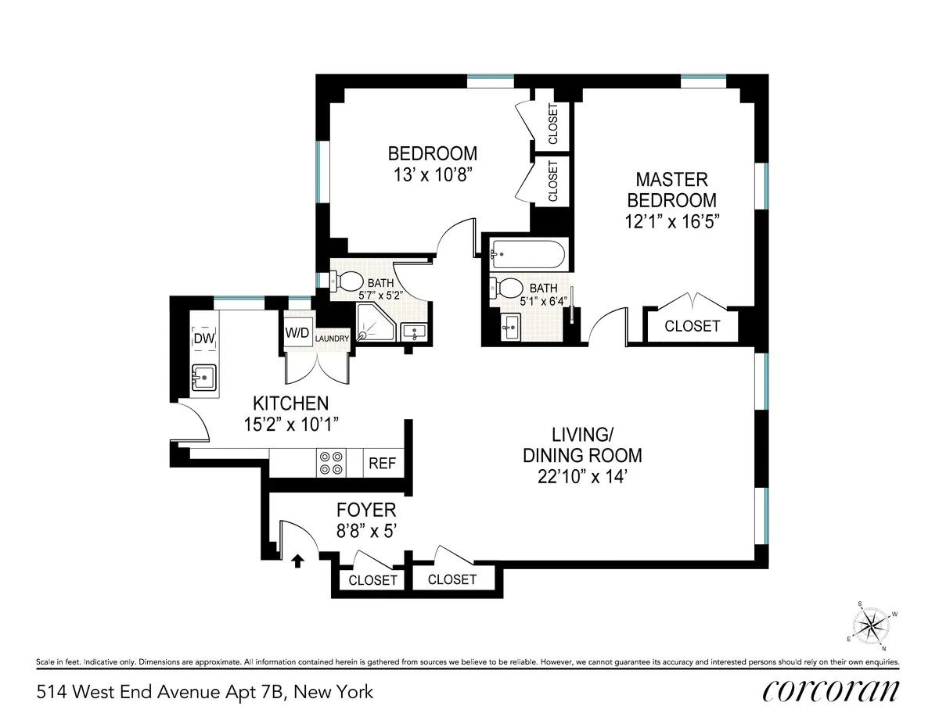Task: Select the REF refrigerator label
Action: pyautogui.click(x=382, y=463)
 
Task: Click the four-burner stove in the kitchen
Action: pyautogui.click(x=329, y=462)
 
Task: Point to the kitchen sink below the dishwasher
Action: pyautogui.click(x=203, y=378)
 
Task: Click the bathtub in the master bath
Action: pyautogui.click(x=526, y=254)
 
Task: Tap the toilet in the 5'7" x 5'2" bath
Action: pyautogui.click(x=347, y=281)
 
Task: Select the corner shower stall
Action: pyautogui.click(x=374, y=323)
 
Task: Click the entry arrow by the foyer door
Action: pyautogui.click(x=297, y=561)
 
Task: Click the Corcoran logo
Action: pyautogui.click(x=830, y=691)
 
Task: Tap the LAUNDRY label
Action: pyautogui.click(x=332, y=339)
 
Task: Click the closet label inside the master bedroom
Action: pyautogui.click(x=692, y=326)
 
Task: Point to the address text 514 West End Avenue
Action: pyautogui.click(x=204, y=692)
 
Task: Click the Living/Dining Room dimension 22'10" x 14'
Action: pyautogui.click(x=582, y=475)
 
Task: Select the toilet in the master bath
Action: pyautogui.click(x=509, y=288)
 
